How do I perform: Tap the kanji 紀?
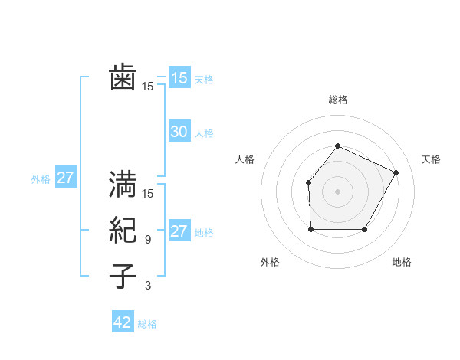pyautogui.click(x=123, y=230)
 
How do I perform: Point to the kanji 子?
pyautogui.click(x=123, y=276)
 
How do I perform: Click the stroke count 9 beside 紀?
pyautogui.click(x=148, y=240)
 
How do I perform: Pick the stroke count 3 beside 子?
pyautogui.click(x=148, y=286)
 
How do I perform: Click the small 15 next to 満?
pyautogui.click(x=148, y=194)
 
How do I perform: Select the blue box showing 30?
pyautogui.click(x=179, y=132)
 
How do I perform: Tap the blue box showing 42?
pyautogui.click(x=123, y=322)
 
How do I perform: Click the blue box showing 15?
pyautogui.click(x=179, y=77)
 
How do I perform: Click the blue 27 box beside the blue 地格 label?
pyautogui.click(x=179, y=231)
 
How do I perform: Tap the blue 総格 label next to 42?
pyautogui.click(x=147, y=324)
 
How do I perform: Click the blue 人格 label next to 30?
pyautogui.click(x=204, y=133)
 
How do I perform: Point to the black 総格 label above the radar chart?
pyautogui.click(x=338, y=100)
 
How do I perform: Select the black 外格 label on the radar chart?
pyautogui.click(x=270, y=262)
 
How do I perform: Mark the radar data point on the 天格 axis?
pyautogui.click(x=396, y=172)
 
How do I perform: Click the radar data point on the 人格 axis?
pyautogui.click(x=308, y=182)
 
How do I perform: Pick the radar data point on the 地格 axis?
pyautogui.click(x=365, y=229)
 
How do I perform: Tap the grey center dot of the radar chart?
pyautogui.click(x=338, y=191)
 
